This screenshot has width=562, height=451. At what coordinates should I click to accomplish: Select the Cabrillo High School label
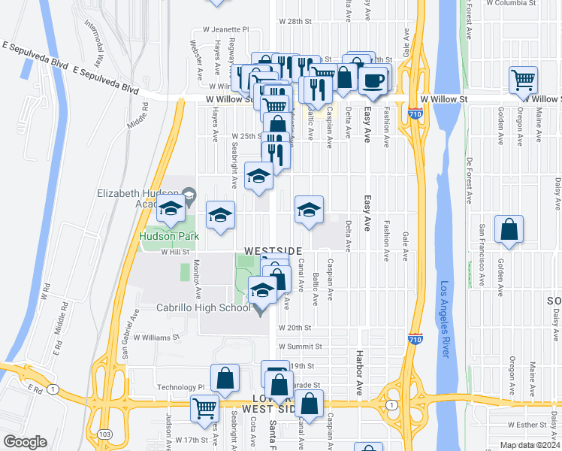coord(203,307)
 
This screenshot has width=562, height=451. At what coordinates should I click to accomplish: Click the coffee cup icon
coord(373,80)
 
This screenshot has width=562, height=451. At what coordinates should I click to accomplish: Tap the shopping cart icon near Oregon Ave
coord(523,80)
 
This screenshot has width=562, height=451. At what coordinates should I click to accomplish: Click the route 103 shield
coord(102,434)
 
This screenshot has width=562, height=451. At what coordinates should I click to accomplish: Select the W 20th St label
coord(295,328)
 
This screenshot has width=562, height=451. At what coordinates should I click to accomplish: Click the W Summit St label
coord(300,347)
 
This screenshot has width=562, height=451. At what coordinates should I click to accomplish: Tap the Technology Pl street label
coord(180,387)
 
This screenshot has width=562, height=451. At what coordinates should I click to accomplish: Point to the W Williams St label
coord(157,337)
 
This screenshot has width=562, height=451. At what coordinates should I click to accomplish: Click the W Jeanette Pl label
coord(219,30)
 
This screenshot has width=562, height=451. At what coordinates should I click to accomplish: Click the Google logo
coord(25,442)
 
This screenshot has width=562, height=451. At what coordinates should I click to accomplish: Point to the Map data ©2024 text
coord(530,445)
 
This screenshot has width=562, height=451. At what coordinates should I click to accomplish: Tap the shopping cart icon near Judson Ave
coord(205,409)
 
